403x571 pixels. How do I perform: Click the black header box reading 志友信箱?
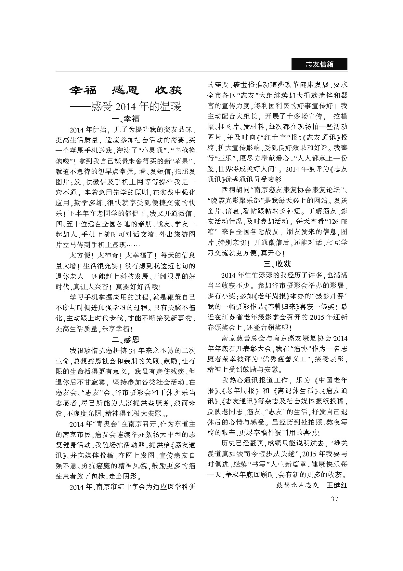point(319,64)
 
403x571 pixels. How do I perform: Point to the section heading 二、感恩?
point(125,340)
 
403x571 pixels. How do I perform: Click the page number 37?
point(334,499)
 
